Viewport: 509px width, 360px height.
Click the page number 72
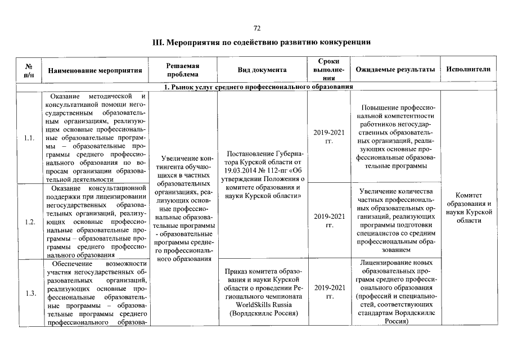click(257, 28)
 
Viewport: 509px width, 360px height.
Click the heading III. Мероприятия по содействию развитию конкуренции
click(262, 43)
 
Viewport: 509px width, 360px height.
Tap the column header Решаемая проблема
click(183, 70)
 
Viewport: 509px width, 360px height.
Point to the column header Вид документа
click(262, 70)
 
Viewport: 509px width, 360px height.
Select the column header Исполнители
click(468, 70)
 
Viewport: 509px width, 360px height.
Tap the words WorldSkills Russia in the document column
click(262, 304)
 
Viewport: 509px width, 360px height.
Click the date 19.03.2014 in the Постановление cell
click(242, 170)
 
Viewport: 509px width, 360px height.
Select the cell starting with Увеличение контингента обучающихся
click(183, 208)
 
